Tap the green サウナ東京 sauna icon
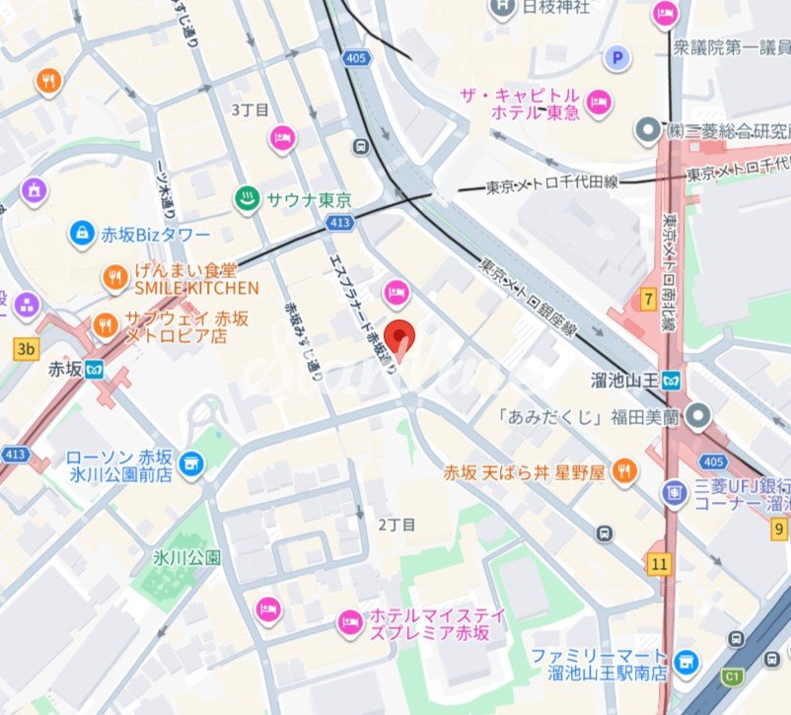246,200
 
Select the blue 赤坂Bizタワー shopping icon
82,234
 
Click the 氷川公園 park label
186,557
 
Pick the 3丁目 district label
250,109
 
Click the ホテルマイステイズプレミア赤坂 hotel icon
348,622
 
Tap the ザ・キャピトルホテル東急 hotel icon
599,101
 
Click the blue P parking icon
618,58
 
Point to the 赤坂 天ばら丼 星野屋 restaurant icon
623,473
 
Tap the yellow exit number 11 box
659,563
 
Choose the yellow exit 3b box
26,347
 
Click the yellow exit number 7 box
648,298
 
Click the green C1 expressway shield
733,678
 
